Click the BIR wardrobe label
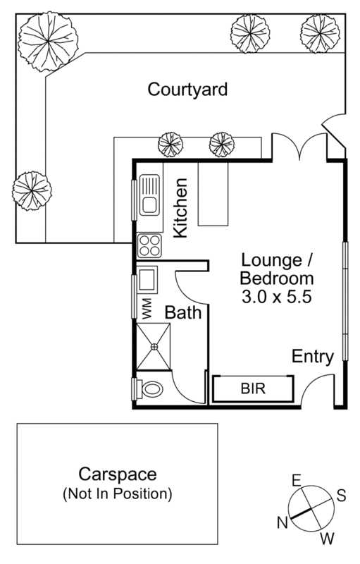[x=253, y=388]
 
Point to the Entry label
[x=312, y=356]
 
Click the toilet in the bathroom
[x=150, y=388]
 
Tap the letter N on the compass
[x=283, y=522]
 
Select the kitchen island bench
[x=213, y=194]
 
